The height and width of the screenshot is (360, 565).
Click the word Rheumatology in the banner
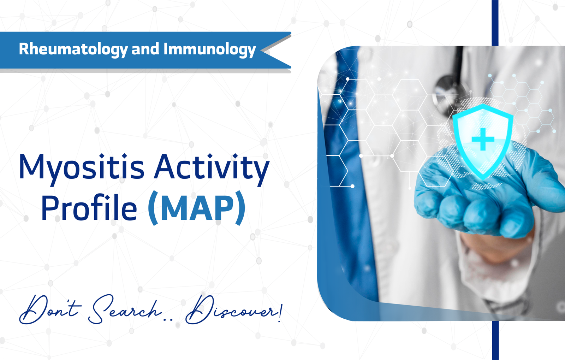tap(73, 49)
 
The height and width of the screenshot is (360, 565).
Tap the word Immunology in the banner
tap(210, 49)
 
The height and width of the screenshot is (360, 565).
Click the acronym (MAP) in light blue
tap(196, 208)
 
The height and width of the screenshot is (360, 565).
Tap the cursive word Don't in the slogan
tap(50, 309)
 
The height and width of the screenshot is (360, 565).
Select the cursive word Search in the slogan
tap(125, 309)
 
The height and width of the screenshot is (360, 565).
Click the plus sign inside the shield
tap(483, 139)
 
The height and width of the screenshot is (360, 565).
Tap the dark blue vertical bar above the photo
tap(495, 23)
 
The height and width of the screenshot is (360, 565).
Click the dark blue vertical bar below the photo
tap(495, 340)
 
